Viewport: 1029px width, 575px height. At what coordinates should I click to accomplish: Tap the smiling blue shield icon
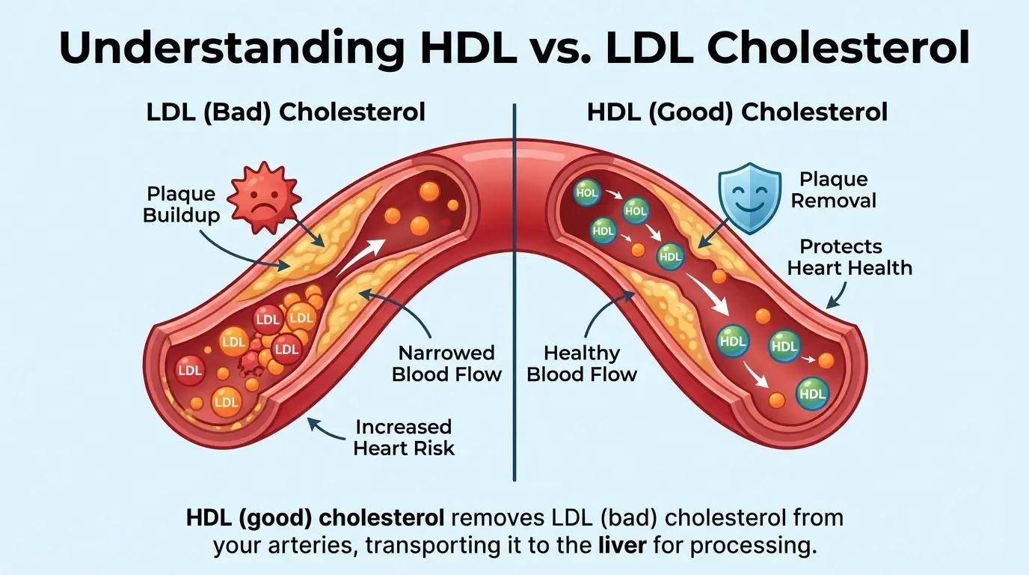pos(750,198)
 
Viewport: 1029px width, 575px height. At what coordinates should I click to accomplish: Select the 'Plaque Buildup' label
pos(181,204)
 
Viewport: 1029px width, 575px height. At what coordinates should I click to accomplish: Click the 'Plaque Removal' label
pos(833,190)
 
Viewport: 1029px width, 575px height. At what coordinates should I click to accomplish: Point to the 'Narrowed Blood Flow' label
pos(446,363)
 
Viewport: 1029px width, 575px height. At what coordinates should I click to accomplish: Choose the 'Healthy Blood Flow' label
pos(582,363)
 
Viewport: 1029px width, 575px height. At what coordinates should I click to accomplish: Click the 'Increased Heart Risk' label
pos(404,437)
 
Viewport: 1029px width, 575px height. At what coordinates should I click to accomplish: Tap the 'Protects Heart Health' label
pos(850,257)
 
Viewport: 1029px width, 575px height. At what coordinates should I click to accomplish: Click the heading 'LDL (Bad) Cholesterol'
pos(286,112)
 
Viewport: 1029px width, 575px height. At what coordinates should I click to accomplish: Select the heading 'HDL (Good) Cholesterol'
pos(737,112)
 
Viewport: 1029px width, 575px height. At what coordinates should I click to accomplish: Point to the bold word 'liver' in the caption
pos(622,546)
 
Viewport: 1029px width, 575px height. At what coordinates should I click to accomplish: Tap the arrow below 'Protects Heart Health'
pos(837,295)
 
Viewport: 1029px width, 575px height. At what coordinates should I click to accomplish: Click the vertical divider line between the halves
pos(514,293)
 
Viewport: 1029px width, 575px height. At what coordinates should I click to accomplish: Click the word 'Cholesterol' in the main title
pos(787,47)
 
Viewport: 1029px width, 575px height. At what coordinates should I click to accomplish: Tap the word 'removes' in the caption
pos(496,518)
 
